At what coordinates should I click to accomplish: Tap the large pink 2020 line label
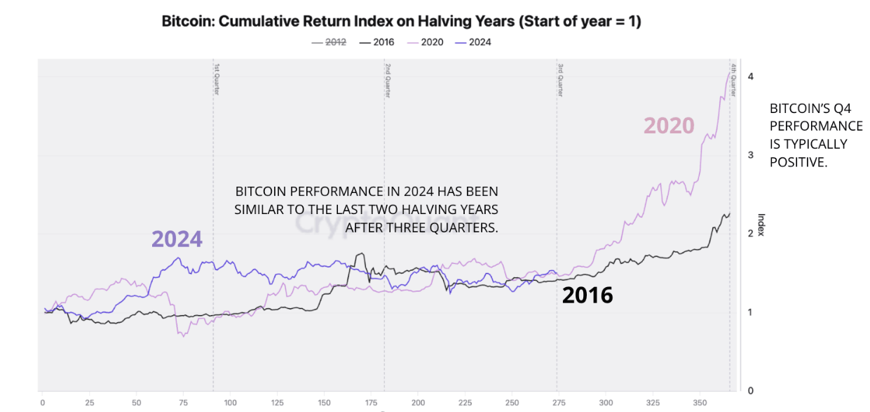click(669, 126)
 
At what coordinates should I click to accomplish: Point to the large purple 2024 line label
click(177, 239)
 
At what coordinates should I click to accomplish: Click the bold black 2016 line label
click(587, 295)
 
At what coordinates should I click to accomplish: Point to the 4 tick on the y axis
click(751, 77)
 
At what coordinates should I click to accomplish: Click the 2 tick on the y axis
click(751, 234)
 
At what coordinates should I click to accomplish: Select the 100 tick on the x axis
click(230, 404)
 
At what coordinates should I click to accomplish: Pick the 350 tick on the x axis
click(699, 404)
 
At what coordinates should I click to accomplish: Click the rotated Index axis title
click(761, 225)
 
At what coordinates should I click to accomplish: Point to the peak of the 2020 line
click(728, 71)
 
